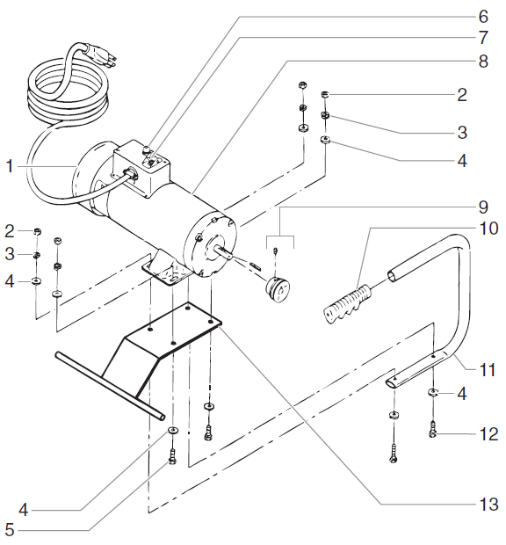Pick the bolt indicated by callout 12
coord(433,432)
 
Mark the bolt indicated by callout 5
coord(172,457)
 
